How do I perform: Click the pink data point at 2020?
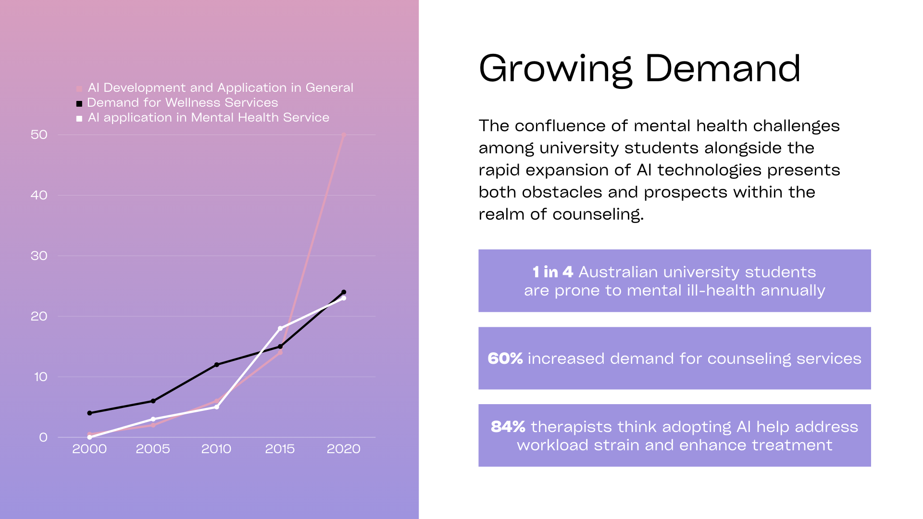[343, 135]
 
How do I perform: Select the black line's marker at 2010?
[216, 365]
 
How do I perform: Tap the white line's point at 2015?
[280, 329]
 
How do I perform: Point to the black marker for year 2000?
[89, 413]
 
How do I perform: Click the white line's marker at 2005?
[153, 419]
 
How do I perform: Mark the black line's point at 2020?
[343, 292]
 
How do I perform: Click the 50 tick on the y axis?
[39, 135]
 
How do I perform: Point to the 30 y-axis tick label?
[39, 256]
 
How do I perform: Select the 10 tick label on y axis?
[40, 377]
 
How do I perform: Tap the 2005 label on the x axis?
[153, 449]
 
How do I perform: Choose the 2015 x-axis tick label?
[280, 449]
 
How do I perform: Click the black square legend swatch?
[79, 103]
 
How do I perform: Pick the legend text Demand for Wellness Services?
[183, 102]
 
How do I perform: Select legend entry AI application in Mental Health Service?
[209, 117]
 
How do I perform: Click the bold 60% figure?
[505, 358]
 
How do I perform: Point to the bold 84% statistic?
[508, 427]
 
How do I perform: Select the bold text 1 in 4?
[553, 272]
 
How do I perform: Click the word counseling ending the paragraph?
[598, 214]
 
